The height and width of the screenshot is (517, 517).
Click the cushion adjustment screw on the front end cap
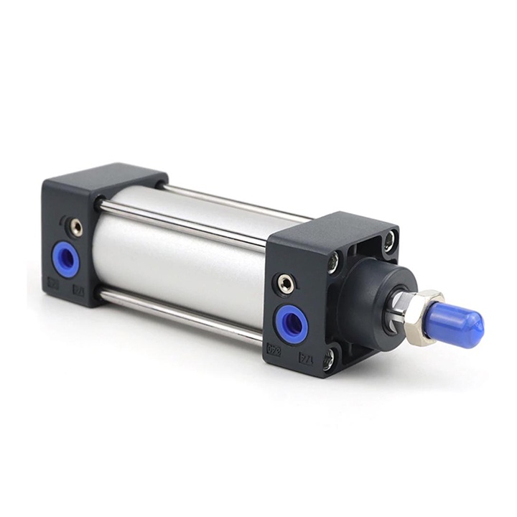click(x=287, y=284)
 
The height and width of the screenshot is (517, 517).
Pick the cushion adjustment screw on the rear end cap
click(x=75, y=228)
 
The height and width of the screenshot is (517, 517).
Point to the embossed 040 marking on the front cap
click(x=274, y=350)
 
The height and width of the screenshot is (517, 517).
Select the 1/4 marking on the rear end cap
click(x=78, y=292)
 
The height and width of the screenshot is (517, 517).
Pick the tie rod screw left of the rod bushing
click(x=333, y=264)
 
